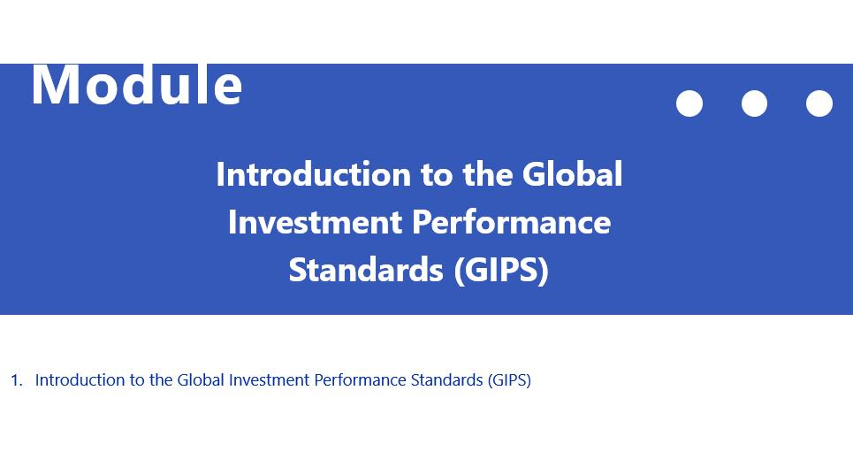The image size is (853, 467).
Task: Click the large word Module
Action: point(136,85)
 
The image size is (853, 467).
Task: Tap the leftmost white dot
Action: point(689,103)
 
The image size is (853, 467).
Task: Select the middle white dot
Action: point(755,103)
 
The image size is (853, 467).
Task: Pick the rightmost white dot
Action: point(819,103)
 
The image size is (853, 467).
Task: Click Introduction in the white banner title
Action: point(313,174)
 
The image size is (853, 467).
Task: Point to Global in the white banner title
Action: point(572,174)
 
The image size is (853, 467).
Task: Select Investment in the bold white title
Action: point(316,222)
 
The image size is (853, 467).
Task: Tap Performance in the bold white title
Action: point(512,222)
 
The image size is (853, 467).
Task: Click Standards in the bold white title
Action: point(366,270)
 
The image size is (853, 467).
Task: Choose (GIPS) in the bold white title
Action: point(501,271)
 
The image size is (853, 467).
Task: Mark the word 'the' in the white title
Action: point(487,174)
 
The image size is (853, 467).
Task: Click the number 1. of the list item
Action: point(17,380)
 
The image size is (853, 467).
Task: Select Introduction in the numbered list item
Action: point(80,379)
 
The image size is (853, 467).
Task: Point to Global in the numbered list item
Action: point(201,379)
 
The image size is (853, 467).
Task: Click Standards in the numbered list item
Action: point(446,379)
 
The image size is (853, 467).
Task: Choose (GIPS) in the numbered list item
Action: point(509,380)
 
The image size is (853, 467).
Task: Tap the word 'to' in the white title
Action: point(437,175)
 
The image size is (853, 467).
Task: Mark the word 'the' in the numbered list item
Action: point(161,379)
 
